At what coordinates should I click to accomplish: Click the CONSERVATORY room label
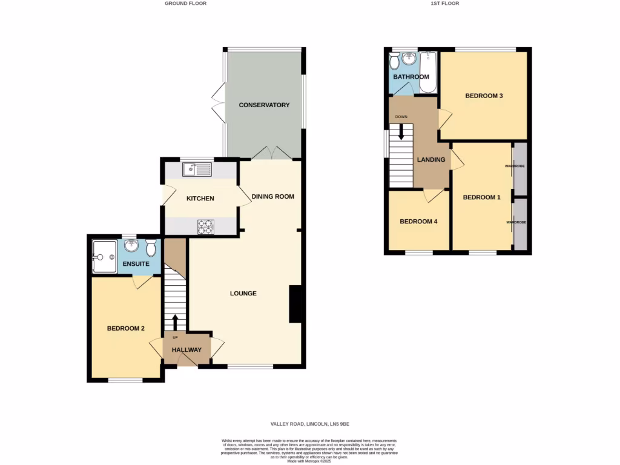264,105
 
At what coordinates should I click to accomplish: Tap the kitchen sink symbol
197,169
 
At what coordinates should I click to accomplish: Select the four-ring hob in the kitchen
205,226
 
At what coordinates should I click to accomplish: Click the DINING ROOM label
272,196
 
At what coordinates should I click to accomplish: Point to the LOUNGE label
243,294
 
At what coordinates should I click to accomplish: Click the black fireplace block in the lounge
295,304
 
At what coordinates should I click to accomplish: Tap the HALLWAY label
186,350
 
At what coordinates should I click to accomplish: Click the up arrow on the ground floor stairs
176,322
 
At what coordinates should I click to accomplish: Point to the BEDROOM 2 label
126,329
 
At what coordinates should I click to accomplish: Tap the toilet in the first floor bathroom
394,61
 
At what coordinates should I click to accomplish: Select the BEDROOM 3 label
484,96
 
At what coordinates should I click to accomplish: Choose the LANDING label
431,160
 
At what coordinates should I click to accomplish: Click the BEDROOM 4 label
418,222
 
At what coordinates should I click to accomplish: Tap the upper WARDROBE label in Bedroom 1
516,165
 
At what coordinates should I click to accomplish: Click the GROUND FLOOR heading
185,4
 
